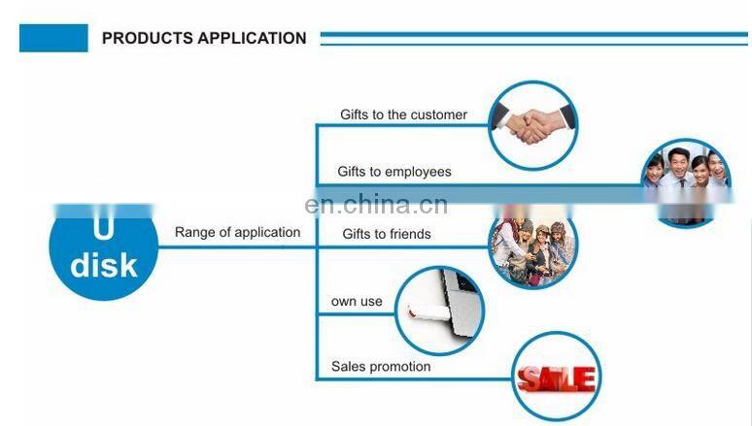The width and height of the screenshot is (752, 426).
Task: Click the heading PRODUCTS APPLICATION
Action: pyautogui.click(x=204, y=39)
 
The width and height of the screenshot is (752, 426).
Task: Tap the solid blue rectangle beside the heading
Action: pyautogui.click(x=53, y=39)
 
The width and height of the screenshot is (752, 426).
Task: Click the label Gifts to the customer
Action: pyautogui.click(x=403, y=115)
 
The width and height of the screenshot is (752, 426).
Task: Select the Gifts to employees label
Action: pyautogui.click(x=394, y=172)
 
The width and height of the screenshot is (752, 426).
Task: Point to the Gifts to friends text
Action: pyautogui.click(x=387, y=234)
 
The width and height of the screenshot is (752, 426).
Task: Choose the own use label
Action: pyautogui.click(x=357, y=302)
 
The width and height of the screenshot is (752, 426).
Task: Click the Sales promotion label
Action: pyautogui.click(x=381, y=367)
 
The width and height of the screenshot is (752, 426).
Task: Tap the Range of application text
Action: pyautogui.click(x=237, y=233)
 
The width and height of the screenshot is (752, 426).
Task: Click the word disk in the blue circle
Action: pyautogui.click(x=104, y=264)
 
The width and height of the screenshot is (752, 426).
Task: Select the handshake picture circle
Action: pyautogui.click(x=533, y=124)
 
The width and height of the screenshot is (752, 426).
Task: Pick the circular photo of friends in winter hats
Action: pyautogui.click(x=532, y=247)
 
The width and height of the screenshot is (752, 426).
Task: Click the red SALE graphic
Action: pyautogui.click(x=556, y=377)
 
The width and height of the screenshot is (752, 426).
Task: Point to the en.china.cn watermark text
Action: pyautogui.click(x=375, y=205)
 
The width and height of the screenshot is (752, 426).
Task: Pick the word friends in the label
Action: pyautogui.click(x=409, y=234)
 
